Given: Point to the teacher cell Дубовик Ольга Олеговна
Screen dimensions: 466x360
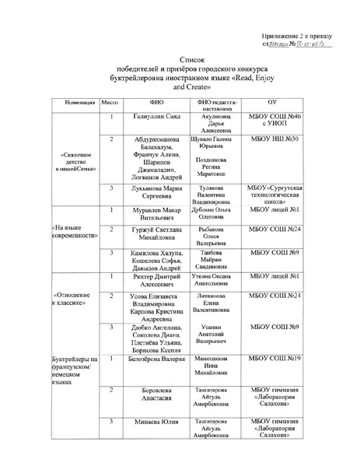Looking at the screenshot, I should tap(217, 215).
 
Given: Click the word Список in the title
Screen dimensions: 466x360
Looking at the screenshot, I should tap(180, 58).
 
